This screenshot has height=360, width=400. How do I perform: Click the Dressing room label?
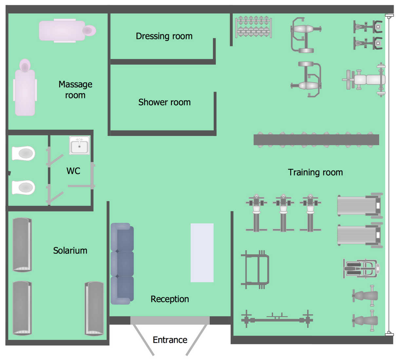(164, 36)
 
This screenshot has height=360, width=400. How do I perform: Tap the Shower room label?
(164, 102)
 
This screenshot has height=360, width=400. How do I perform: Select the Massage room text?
(75, 90)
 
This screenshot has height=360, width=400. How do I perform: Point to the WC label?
(73, 171)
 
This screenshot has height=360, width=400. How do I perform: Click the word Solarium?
(70, 251)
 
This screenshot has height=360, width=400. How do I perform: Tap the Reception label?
(170, 299)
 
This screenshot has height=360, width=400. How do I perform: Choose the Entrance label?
(170, 340)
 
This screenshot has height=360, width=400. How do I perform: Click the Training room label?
(315, 172)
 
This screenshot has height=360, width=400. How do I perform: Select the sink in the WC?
(79, 146)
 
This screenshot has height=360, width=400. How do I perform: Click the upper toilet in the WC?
(23, 153)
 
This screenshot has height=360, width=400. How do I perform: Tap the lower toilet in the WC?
(23, 188)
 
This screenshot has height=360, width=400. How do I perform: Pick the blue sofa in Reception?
(122, 264)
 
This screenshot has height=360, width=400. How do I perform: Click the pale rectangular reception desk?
(202, 253)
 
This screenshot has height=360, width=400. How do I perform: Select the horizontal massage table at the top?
(67, 31)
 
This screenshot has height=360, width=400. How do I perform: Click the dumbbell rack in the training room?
(254, 27)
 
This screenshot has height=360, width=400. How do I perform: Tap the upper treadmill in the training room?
(360, 206)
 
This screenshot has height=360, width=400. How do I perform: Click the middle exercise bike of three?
(283, 213)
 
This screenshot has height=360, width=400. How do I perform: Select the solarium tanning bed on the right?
(94, 308)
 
